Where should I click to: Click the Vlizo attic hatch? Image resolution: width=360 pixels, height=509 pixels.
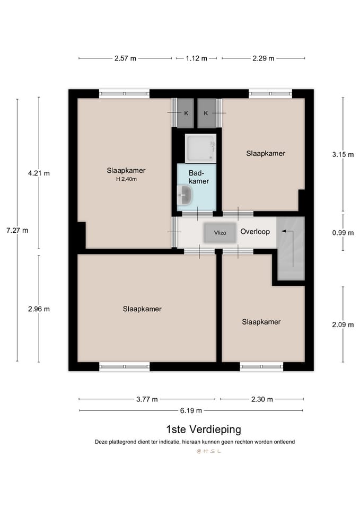[x=219, y=233]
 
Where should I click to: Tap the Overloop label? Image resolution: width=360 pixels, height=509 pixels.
[x=255, y=232]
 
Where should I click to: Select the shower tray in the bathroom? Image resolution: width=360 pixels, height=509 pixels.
[x=200, y=148]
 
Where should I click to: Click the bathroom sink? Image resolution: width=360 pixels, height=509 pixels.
[x=185, y=195]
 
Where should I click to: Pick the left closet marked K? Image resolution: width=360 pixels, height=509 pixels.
[x=186, y=113]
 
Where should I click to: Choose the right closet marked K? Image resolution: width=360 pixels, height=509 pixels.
[x=206, y=113]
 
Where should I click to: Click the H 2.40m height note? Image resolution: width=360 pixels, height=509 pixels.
[x=126, y=179]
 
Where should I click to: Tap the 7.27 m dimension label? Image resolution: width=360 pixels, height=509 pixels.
[x=17, y=230]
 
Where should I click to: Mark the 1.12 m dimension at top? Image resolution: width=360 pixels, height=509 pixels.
[x=196, y=58]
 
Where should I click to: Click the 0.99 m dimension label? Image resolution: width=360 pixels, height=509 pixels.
[x=343, y=232]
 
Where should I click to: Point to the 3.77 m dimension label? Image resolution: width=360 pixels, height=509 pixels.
[x=147, y=399]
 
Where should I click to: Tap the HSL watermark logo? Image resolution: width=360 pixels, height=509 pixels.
[x=208, y=451]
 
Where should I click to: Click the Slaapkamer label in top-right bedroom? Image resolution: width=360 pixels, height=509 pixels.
[x=266, y=153]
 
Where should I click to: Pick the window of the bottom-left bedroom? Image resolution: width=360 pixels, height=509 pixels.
[x=125, y=366]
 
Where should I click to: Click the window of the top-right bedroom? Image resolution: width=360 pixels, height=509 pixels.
[x=270, y=94]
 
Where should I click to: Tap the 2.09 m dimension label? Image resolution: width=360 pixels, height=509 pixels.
[x=343, y=324]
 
